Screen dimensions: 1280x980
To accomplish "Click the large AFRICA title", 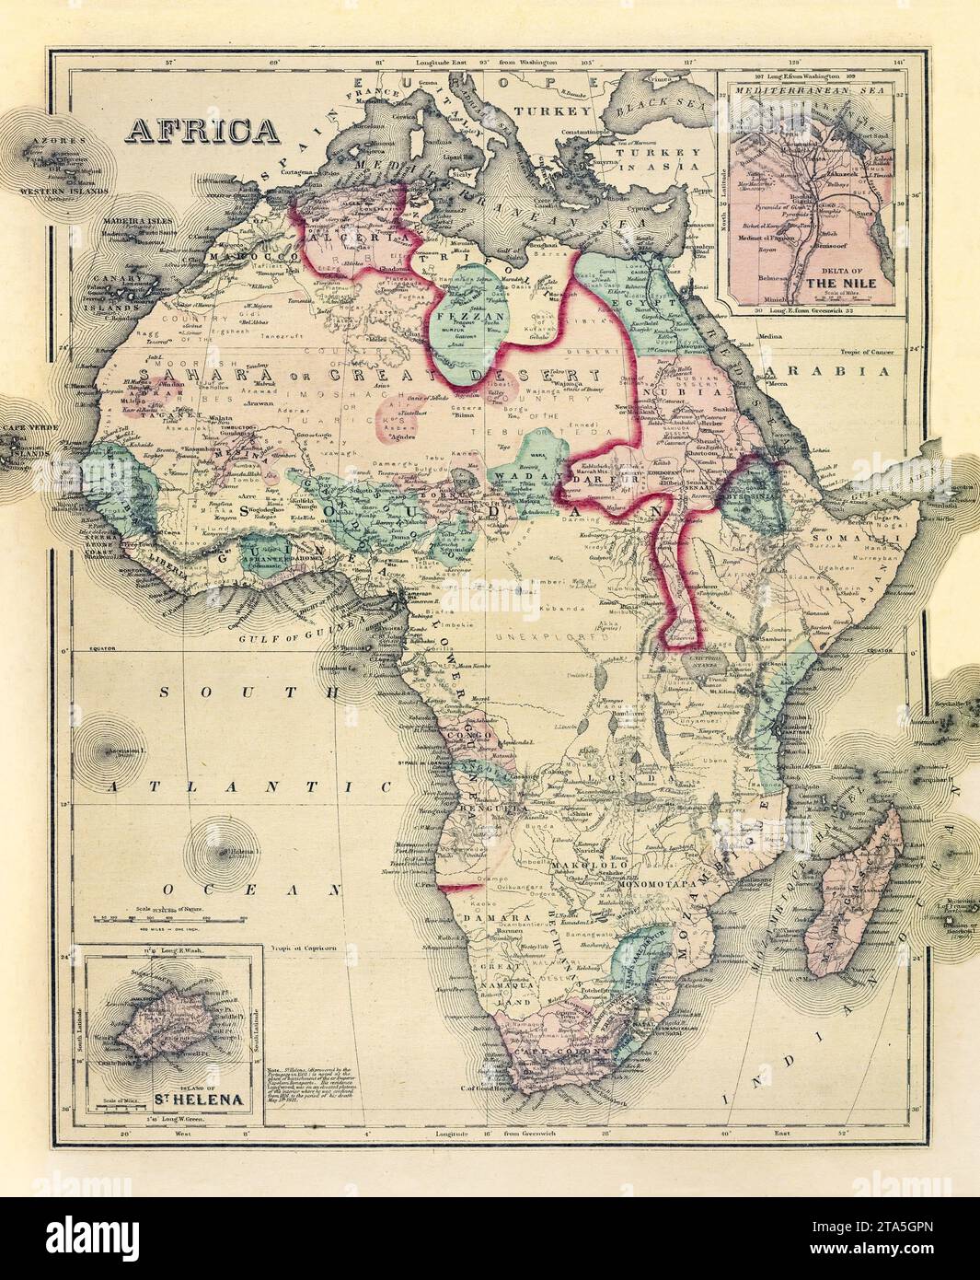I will (x=202, y=130).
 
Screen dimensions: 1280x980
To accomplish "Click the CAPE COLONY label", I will (x=549, y=1051).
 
